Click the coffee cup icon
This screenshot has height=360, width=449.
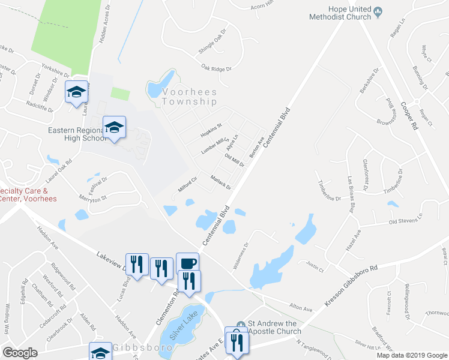point(187,263)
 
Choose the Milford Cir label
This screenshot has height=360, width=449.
point(188,185)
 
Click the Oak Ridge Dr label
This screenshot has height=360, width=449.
point(216,69)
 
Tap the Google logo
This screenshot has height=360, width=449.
point(20,353)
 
